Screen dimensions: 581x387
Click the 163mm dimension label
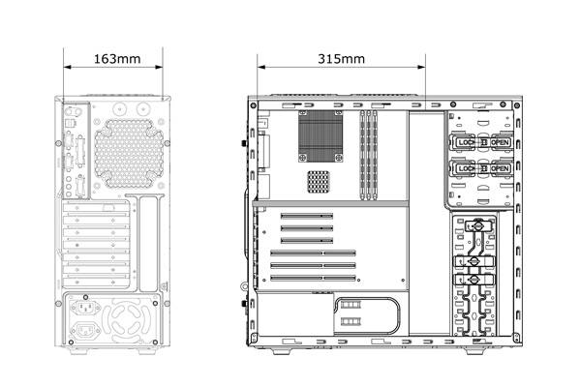click(x=117, y=59)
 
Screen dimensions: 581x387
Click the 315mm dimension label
click(x=341, y=59)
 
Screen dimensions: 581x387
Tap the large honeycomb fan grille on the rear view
click(x=129, y=153)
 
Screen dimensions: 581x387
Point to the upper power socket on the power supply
click(x=85, y=307)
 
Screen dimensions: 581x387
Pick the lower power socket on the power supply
click(x=85, y=330)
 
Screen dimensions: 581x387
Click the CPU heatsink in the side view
click(x=321, y=136)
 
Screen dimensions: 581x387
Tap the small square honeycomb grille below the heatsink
click(x=318, y=182)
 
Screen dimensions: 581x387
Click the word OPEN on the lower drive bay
click(x=500, y=168)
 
